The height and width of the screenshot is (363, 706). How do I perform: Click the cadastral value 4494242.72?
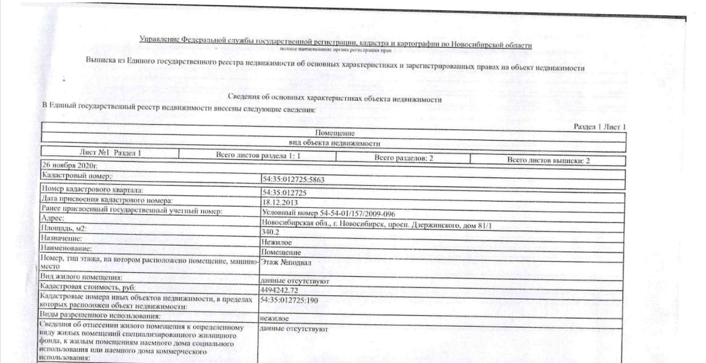(281, 290)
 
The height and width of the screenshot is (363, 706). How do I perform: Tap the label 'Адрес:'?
(53, 218)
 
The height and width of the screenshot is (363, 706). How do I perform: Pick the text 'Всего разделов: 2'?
(404, 159)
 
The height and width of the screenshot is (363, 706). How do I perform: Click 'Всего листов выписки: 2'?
(548, 161)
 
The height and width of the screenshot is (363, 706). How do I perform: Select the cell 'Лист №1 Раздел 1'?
(110, 153)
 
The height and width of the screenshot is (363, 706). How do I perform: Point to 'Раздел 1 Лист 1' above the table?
(599, 128)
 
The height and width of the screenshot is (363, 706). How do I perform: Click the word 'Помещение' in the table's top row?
(335, 134)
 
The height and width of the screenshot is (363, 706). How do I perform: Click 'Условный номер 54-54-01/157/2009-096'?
(328, 213)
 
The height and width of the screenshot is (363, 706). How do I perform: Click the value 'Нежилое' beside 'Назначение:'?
(276, 242)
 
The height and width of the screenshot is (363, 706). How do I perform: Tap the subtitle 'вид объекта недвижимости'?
(335, 143)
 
